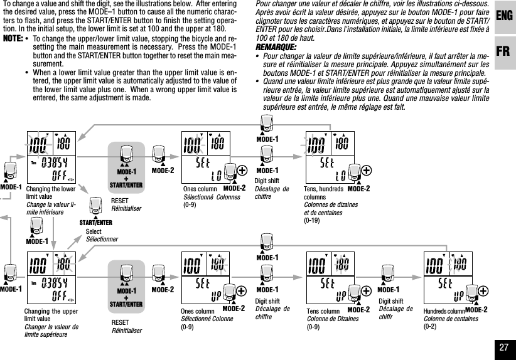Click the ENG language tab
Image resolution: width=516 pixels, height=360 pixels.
(503, 16)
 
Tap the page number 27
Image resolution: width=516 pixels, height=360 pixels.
(503, 347)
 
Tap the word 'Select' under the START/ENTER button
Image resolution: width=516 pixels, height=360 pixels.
(94, 232)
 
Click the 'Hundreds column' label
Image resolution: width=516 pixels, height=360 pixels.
(444, 311)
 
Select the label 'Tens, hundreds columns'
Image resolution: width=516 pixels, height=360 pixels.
(324, 193)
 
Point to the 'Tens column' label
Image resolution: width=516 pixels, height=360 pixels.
(323, 311)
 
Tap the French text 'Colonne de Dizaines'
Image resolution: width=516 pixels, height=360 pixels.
(333, 319)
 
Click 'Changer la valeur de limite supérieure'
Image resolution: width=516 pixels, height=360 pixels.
(51, 331)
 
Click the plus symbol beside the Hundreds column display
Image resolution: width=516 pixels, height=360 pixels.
(483, 290)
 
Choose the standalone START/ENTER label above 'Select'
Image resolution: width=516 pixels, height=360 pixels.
(95, 222)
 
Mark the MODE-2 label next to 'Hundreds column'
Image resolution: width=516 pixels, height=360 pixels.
(476, 309)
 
